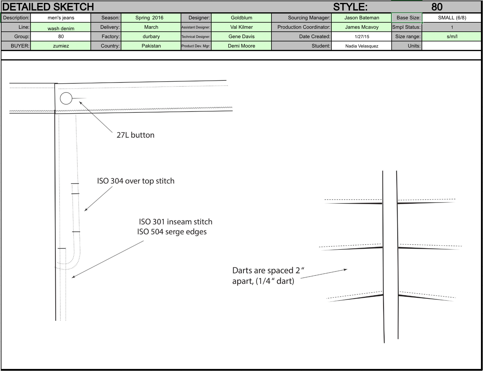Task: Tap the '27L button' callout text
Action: point(135,135)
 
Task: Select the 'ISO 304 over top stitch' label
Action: point(136,181)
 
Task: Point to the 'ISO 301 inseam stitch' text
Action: point(176,222)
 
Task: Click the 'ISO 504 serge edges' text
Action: point(172,232)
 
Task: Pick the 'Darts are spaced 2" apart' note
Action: point(268,276)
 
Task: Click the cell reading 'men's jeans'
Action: point(61,18)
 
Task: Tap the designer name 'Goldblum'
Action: point(241,18)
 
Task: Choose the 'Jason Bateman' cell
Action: point(362,18)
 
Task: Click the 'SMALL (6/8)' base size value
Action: point(452,18)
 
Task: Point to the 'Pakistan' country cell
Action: point(151,46)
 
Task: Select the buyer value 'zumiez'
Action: point(61,46)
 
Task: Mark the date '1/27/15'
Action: point(362,37)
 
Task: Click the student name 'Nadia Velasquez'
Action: point(362,46)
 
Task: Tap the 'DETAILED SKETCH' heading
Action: point(48,7)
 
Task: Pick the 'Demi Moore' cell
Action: point(241,46)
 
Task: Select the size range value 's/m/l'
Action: point(452,37)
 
